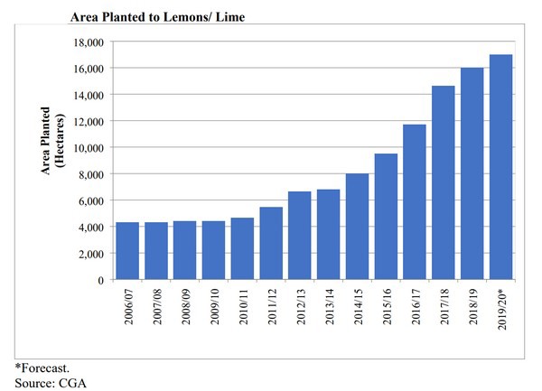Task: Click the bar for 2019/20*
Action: click(x=500, y=167)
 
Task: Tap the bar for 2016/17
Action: click(x=415, y=202)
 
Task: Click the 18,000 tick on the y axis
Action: click(x=88, y=42)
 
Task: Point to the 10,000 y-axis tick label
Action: click(x=88, y=147)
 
